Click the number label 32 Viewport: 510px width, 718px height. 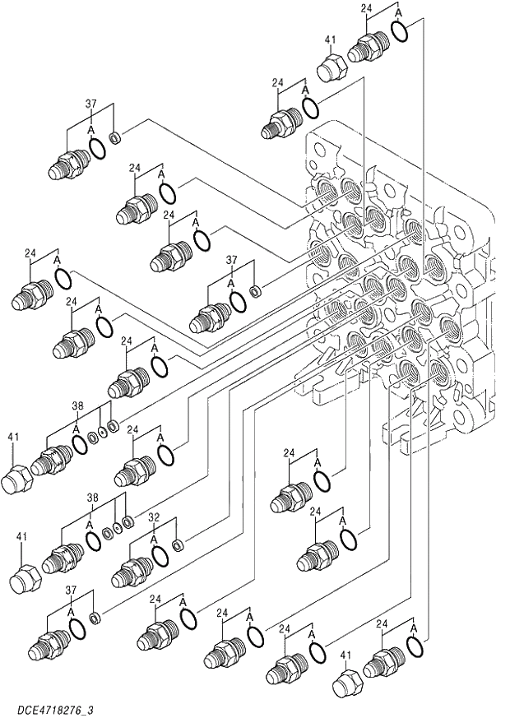point(154,518)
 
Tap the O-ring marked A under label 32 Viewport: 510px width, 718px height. point(160,555)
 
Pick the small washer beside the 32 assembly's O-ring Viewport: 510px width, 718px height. point(178,544)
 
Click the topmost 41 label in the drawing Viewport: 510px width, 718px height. point(331,39)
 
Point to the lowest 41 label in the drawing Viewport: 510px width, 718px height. point(346,655)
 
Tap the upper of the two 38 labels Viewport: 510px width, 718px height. point(77,405)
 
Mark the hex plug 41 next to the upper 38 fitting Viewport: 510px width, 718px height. point(17,477)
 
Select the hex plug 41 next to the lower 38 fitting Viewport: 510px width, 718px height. point(27,576)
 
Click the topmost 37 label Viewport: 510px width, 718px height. point(91,104)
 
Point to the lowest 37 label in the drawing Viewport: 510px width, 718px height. point(72,591)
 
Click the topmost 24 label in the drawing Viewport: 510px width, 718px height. point(367,8)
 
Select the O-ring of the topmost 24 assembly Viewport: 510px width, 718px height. point(399,32)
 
